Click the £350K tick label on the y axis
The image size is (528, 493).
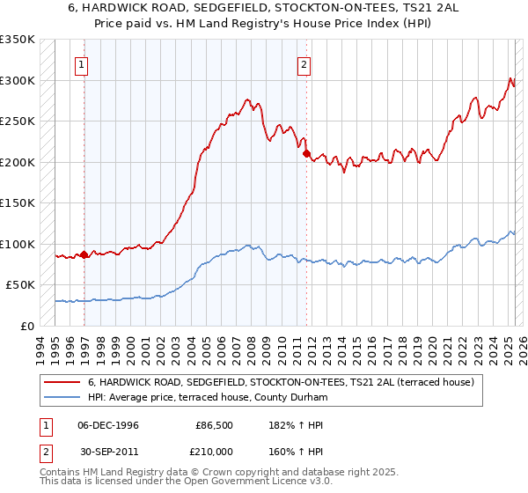[x=18, y=40]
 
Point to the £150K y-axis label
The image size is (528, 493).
[x=18, y=203]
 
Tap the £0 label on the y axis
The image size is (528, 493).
[x=27, y=326]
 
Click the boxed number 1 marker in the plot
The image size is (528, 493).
[x=81, y=63]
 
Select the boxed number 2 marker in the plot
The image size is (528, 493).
[x=304, y=63]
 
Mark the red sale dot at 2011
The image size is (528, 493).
[x=307, y=154]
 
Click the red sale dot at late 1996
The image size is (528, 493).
[x=84, y=255]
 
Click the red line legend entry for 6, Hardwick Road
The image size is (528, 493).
[x=282, y=382]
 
